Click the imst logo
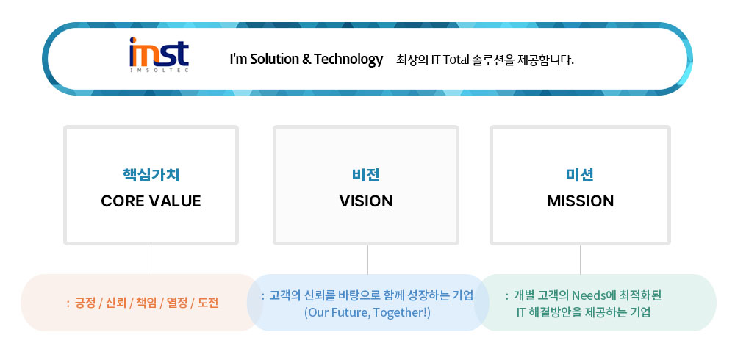coord(159,54)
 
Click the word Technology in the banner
coord(348,60)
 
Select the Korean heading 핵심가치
coord(151,175)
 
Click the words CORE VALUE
coord(151,201)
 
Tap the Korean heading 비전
coord(365,175)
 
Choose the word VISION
coord(365,201)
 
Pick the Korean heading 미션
coord(580,175)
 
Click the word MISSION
coord(580,201)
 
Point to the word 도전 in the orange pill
coord(208,303)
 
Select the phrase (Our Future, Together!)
coord(367,312)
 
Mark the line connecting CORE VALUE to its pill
coord(151,259)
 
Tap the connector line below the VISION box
coord(367,259)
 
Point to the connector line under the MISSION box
coord(581,259)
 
